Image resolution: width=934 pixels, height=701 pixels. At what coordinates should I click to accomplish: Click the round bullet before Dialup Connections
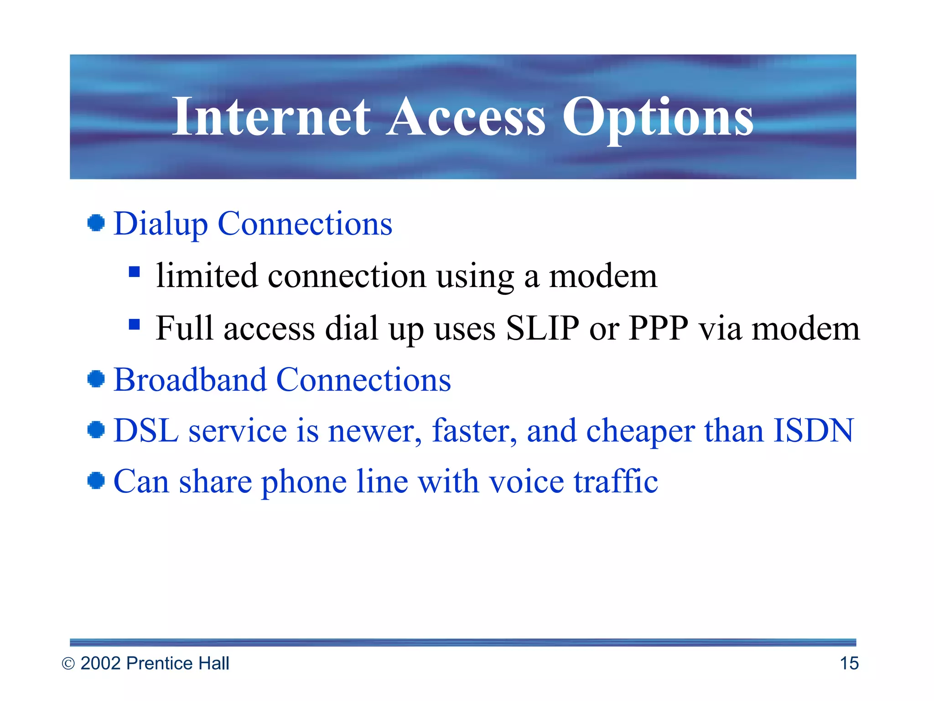pos(96,223)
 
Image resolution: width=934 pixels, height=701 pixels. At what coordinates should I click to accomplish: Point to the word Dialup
pos(161,224)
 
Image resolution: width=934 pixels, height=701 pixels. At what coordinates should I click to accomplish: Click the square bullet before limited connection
pos(134,272)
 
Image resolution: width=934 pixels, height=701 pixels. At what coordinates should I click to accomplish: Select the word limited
pos(207,276)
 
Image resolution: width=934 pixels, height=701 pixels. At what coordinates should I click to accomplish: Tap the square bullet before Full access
pos(134,324)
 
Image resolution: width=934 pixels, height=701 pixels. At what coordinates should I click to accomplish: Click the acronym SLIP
pos(543,328)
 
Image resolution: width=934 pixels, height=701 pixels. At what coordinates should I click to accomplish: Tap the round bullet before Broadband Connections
pos(96,379)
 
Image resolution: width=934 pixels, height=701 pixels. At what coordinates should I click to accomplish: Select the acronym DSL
pos(146,430)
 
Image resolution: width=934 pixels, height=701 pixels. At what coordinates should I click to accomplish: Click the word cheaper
pos(640,431)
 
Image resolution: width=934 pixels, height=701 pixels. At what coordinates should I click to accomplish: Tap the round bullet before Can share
pos(96,481)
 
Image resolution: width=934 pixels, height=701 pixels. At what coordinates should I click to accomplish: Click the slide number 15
pos(849,663)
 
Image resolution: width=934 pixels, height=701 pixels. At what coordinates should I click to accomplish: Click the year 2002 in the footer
pos(101,663)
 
